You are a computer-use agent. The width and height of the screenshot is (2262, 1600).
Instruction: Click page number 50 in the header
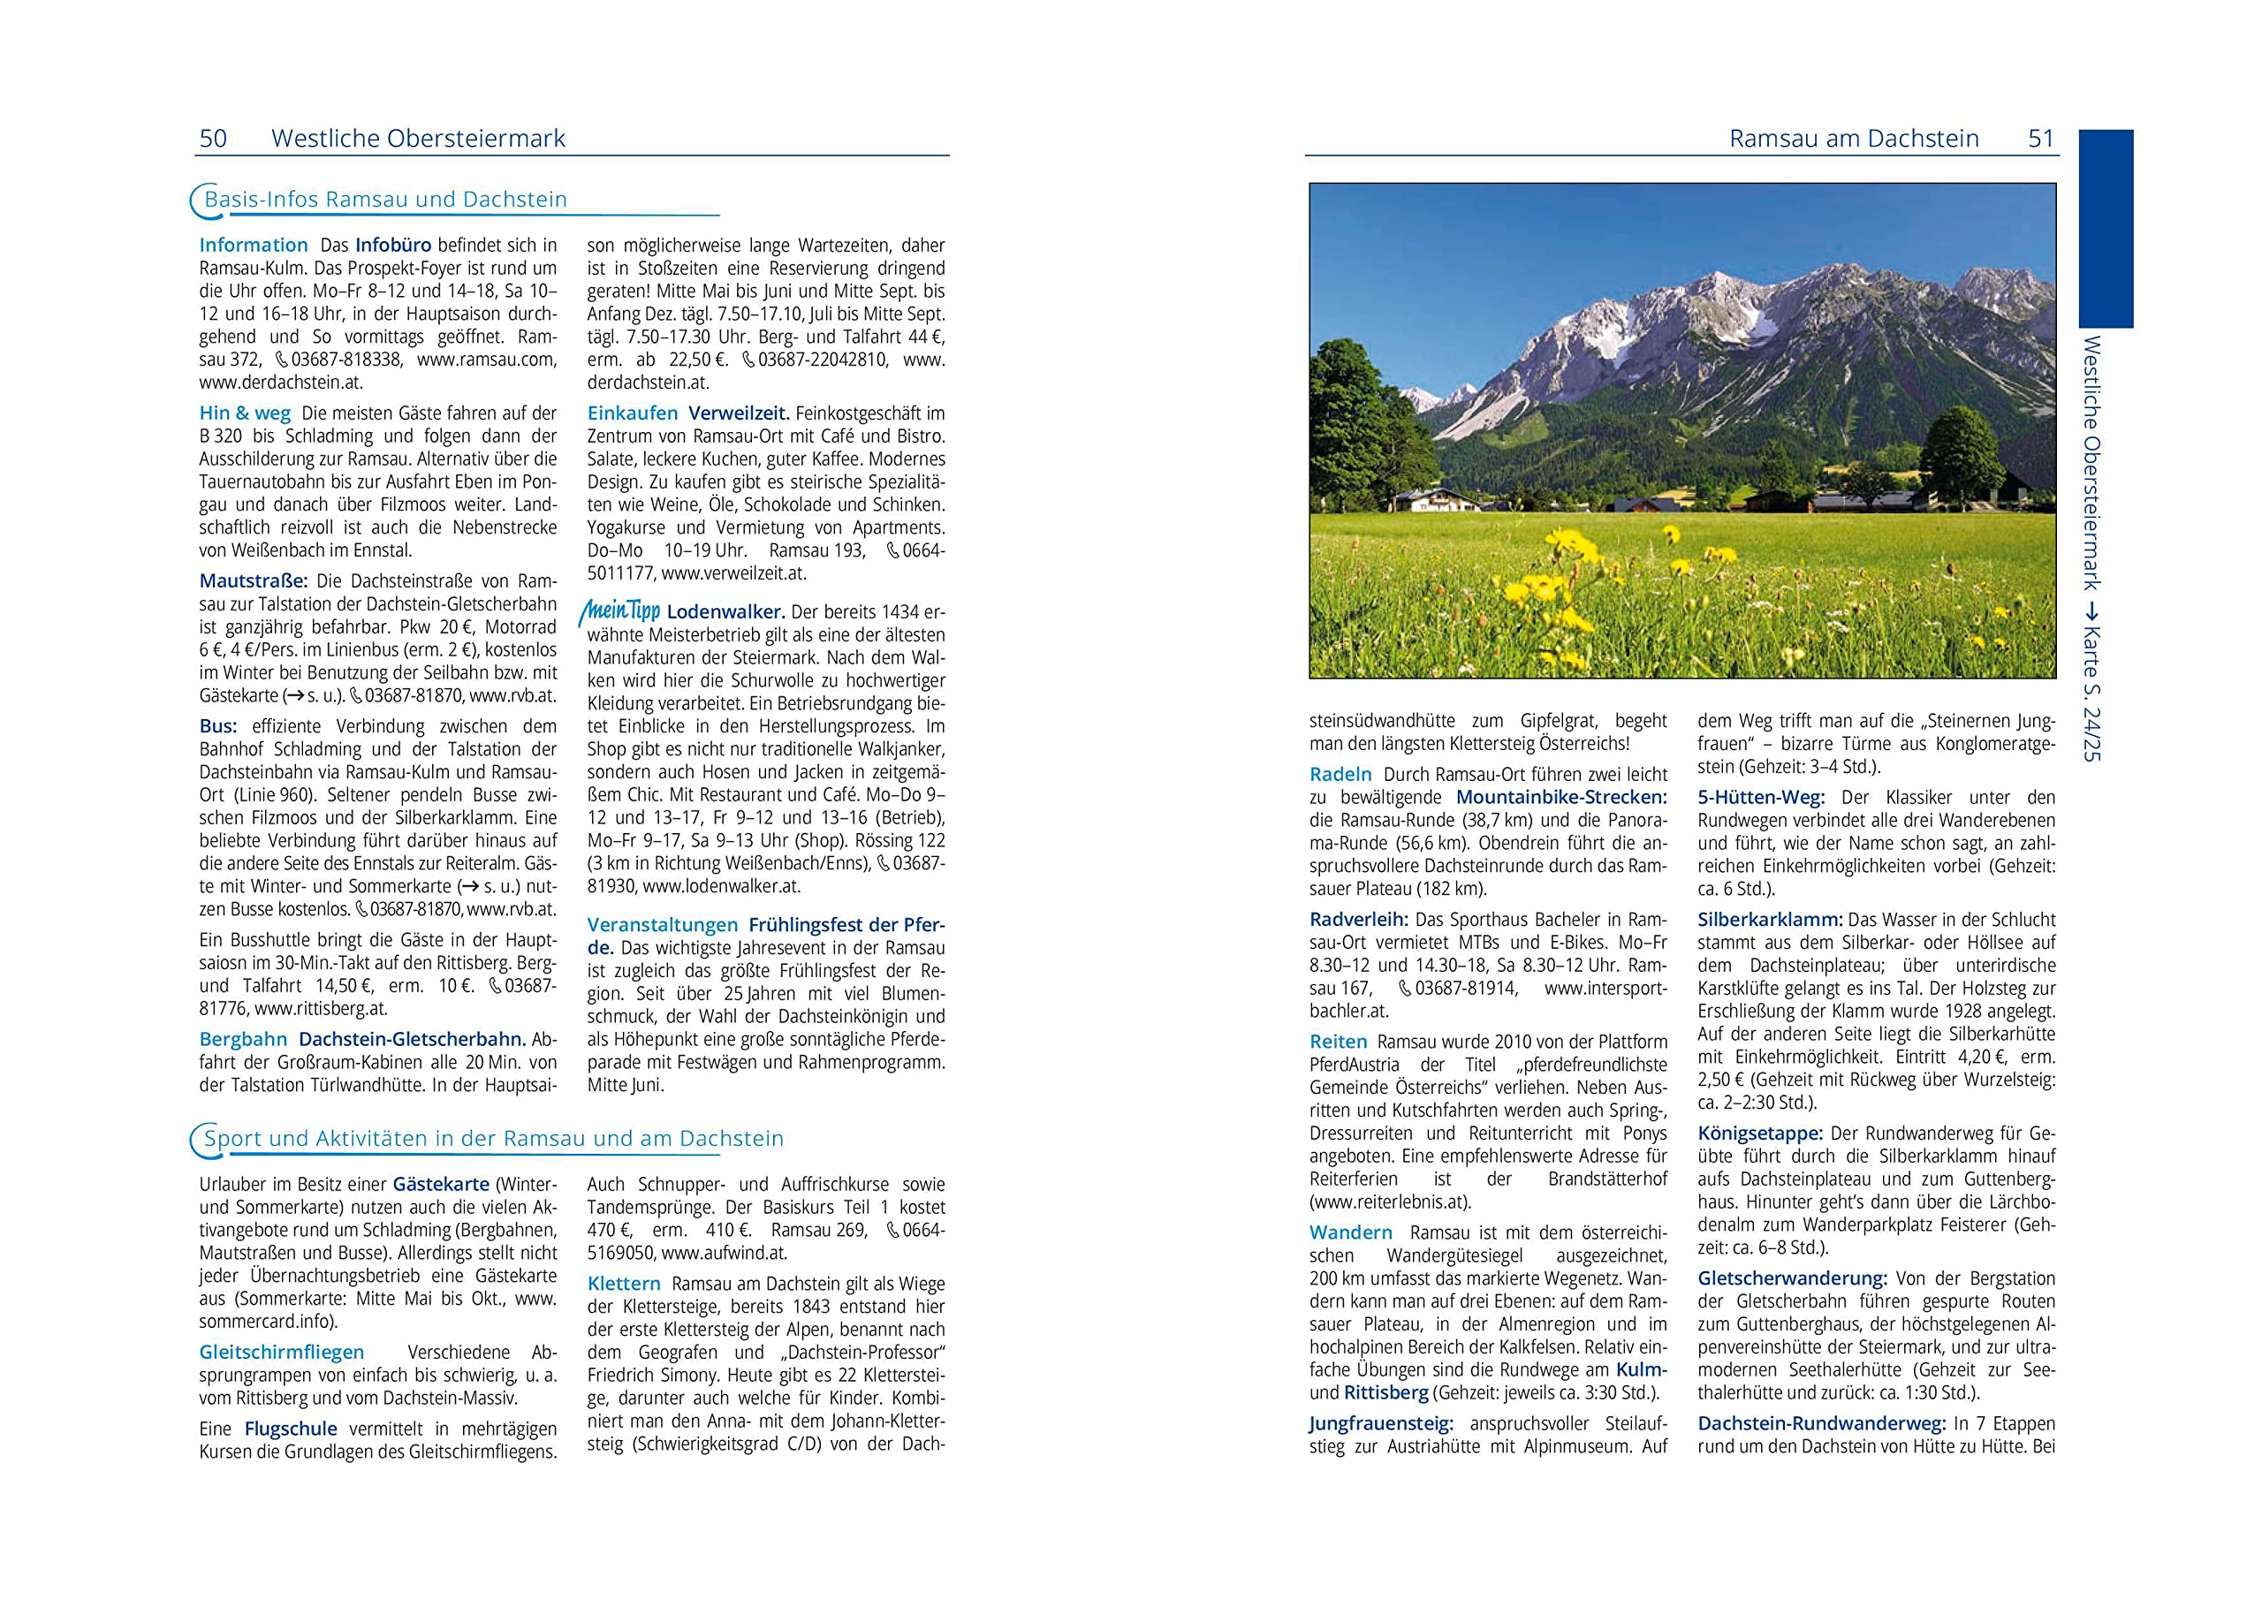point(213,139)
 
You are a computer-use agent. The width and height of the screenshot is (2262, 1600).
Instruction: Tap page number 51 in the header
point(2041,139)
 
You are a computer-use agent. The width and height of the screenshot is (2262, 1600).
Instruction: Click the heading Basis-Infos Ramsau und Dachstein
point(385,200)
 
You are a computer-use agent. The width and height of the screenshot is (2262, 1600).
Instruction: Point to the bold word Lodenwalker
point(725,612)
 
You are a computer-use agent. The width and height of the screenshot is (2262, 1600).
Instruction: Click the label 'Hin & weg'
point(245,413)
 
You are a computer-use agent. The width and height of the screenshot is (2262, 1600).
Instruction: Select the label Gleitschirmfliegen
point(282,1353)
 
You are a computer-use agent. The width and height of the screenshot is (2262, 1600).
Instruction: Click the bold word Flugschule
point(291,1429)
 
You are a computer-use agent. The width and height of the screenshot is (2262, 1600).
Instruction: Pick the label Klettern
point(624,1284)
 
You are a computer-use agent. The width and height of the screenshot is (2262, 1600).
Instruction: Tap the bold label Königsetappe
point(1759,1134)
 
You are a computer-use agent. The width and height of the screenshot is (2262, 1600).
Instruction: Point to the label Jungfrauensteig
point(1381,1423)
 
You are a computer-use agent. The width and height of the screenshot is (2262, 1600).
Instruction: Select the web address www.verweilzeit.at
point(733,573)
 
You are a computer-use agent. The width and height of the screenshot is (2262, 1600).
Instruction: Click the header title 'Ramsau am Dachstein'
point(1853,139)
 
